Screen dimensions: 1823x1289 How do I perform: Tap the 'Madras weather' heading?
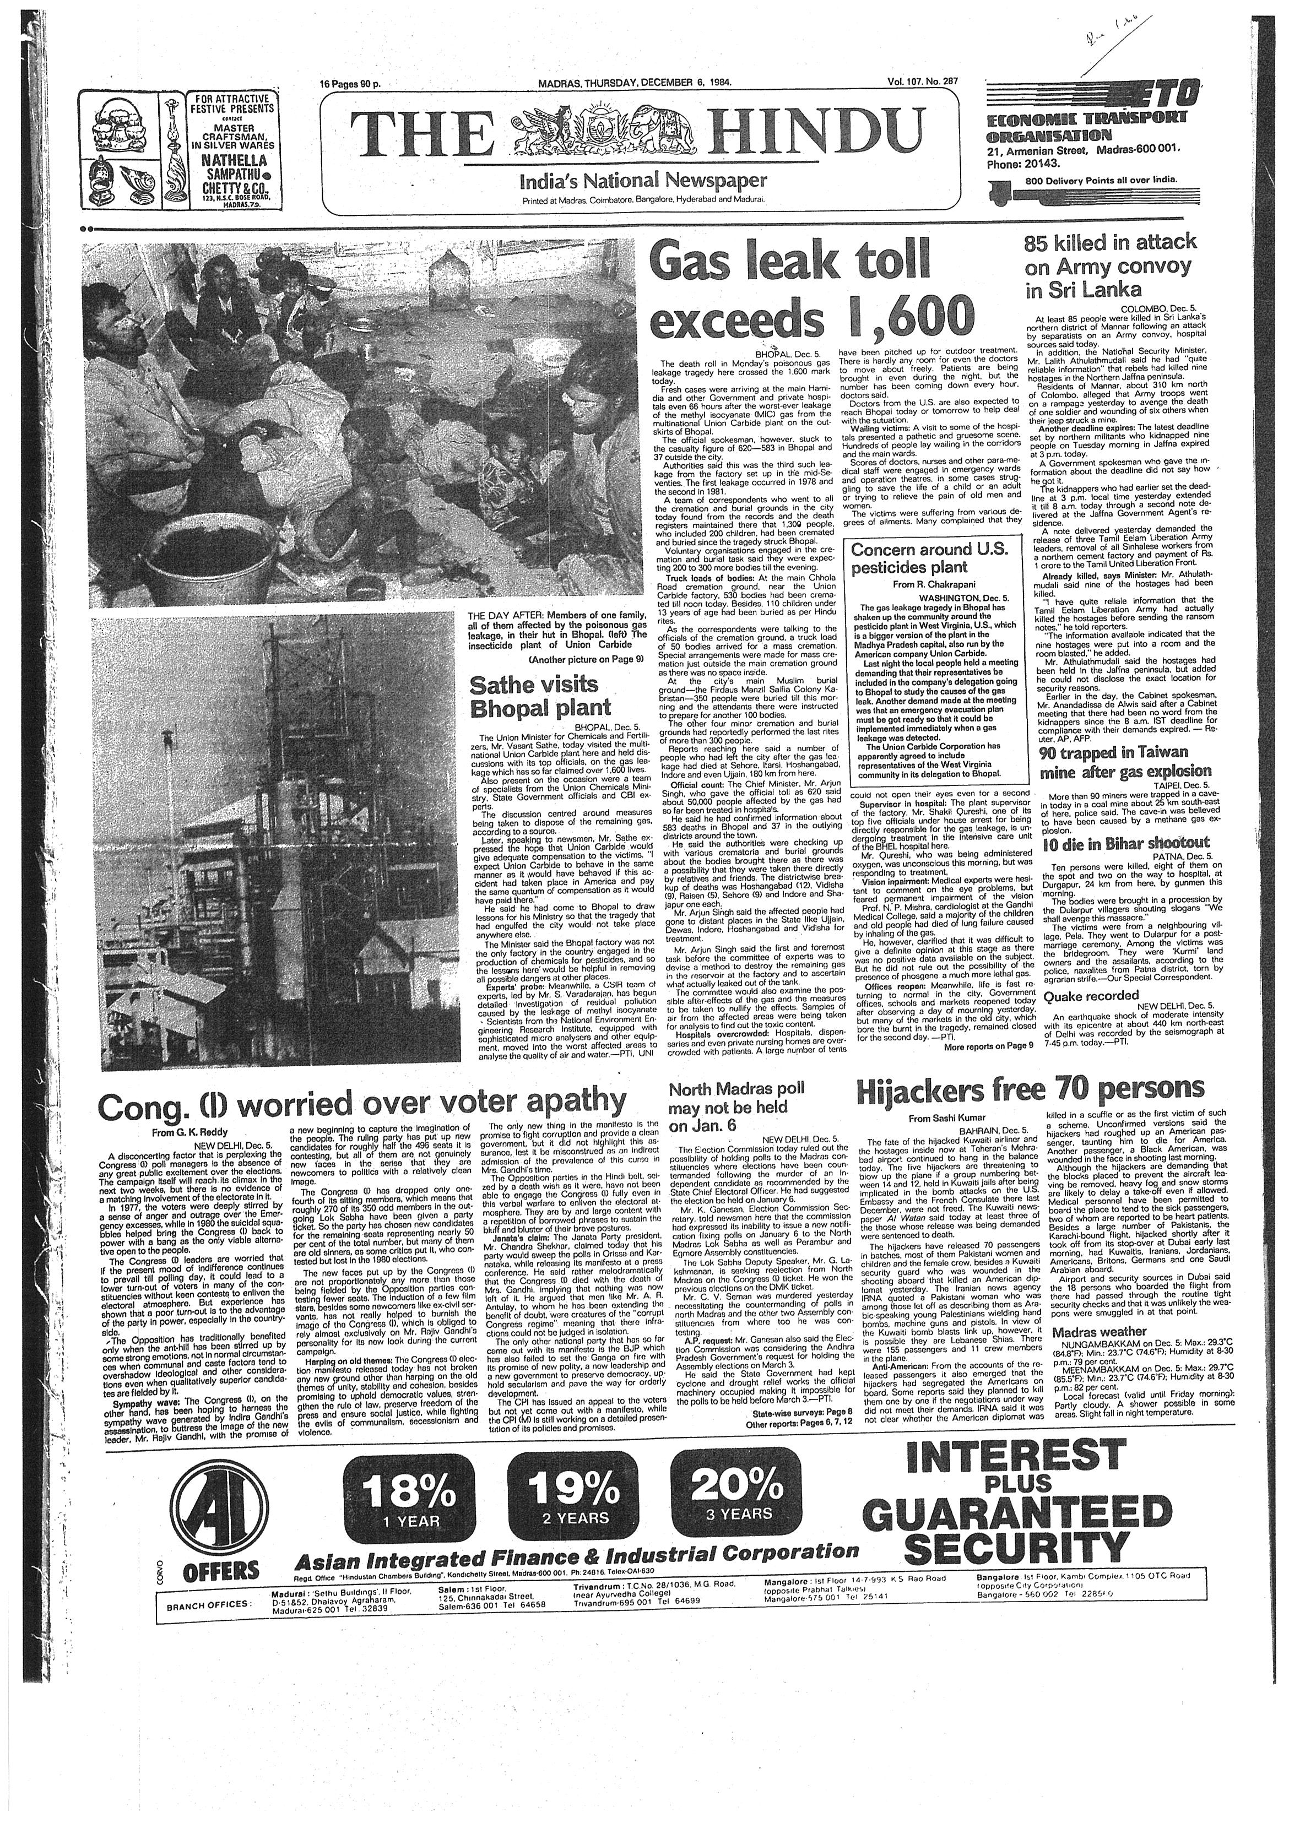1099,1332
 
